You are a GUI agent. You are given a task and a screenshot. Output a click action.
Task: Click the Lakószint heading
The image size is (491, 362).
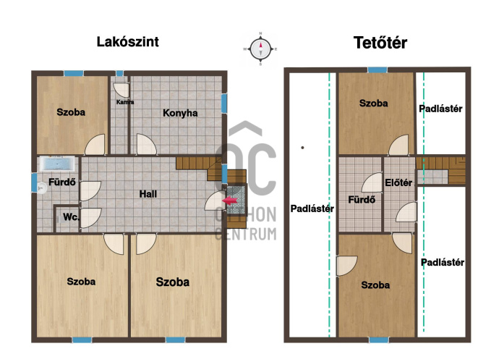click(x=127, y=42)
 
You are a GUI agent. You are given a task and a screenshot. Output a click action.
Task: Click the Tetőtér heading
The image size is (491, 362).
click(x=380, y=43)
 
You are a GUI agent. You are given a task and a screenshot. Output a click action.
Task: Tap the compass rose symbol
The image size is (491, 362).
click(x=260, y=49)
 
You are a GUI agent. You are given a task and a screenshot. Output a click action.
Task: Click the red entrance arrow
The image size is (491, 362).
click(x=230, y=201)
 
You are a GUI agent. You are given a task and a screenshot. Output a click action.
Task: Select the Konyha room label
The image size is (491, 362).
click(x=180, y=113)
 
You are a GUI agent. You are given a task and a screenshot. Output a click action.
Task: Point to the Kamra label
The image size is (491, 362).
click(x=125, y=102)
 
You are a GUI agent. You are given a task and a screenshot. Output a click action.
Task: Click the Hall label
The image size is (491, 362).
click(x=148, y=194)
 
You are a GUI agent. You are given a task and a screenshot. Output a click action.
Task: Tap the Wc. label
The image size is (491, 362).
click(x=71, y=217)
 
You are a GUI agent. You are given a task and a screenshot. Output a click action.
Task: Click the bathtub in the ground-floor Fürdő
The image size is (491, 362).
click(x=57, y=164)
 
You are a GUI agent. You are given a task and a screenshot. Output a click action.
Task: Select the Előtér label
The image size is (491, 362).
click(x=398, y=182)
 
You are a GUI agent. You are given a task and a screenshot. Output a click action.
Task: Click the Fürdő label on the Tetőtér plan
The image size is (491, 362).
click(x=362, y=199)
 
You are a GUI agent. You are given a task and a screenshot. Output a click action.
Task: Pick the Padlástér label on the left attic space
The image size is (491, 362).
click(x=312, y=209)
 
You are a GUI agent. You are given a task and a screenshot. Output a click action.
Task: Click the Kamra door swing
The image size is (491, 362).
click(x=121, y=90)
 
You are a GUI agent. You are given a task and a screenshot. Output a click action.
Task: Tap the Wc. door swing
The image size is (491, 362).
click(x=90, y=218)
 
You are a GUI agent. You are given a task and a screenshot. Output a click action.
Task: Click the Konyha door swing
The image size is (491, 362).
click(x=146, y=145)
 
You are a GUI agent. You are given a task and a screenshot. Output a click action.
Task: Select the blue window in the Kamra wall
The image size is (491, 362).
click(x=119, y=73)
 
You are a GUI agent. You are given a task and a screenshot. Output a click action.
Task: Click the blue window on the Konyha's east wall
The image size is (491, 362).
click(x=224, y=103)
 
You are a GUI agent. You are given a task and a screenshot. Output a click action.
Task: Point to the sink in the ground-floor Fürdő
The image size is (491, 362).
click(x=41, y=188)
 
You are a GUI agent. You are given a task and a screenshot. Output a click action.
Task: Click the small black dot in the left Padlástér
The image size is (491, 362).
click(x=302, y=147)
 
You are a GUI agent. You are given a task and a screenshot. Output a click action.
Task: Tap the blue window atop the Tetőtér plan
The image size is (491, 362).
click(x=377, y=70)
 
